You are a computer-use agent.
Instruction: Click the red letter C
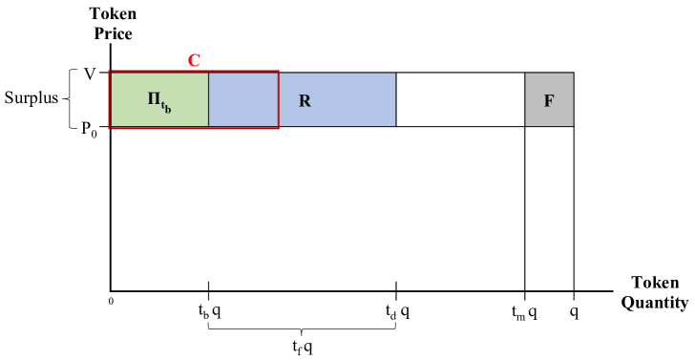tap(194, 61)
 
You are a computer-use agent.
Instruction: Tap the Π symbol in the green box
tap(154, 98)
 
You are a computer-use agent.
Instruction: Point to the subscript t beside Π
tap(163, 105)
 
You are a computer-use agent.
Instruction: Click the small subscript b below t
tap(168, 111)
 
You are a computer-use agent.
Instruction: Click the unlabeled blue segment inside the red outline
tap(243, 99)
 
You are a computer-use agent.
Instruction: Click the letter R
tap(305, 101)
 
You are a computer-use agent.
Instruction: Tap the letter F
tap(549, 101)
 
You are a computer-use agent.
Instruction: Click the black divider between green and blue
tap(208, 99)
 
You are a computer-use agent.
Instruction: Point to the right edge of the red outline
tap(279, 99)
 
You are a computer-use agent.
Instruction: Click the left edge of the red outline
tap(110, 99)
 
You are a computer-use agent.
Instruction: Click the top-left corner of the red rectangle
tap(110, 72)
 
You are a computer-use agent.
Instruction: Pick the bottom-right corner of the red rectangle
tap(279, 127)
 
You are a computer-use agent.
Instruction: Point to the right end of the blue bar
tap(393, 99)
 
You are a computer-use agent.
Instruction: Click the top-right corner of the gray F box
tap(573, 74)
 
